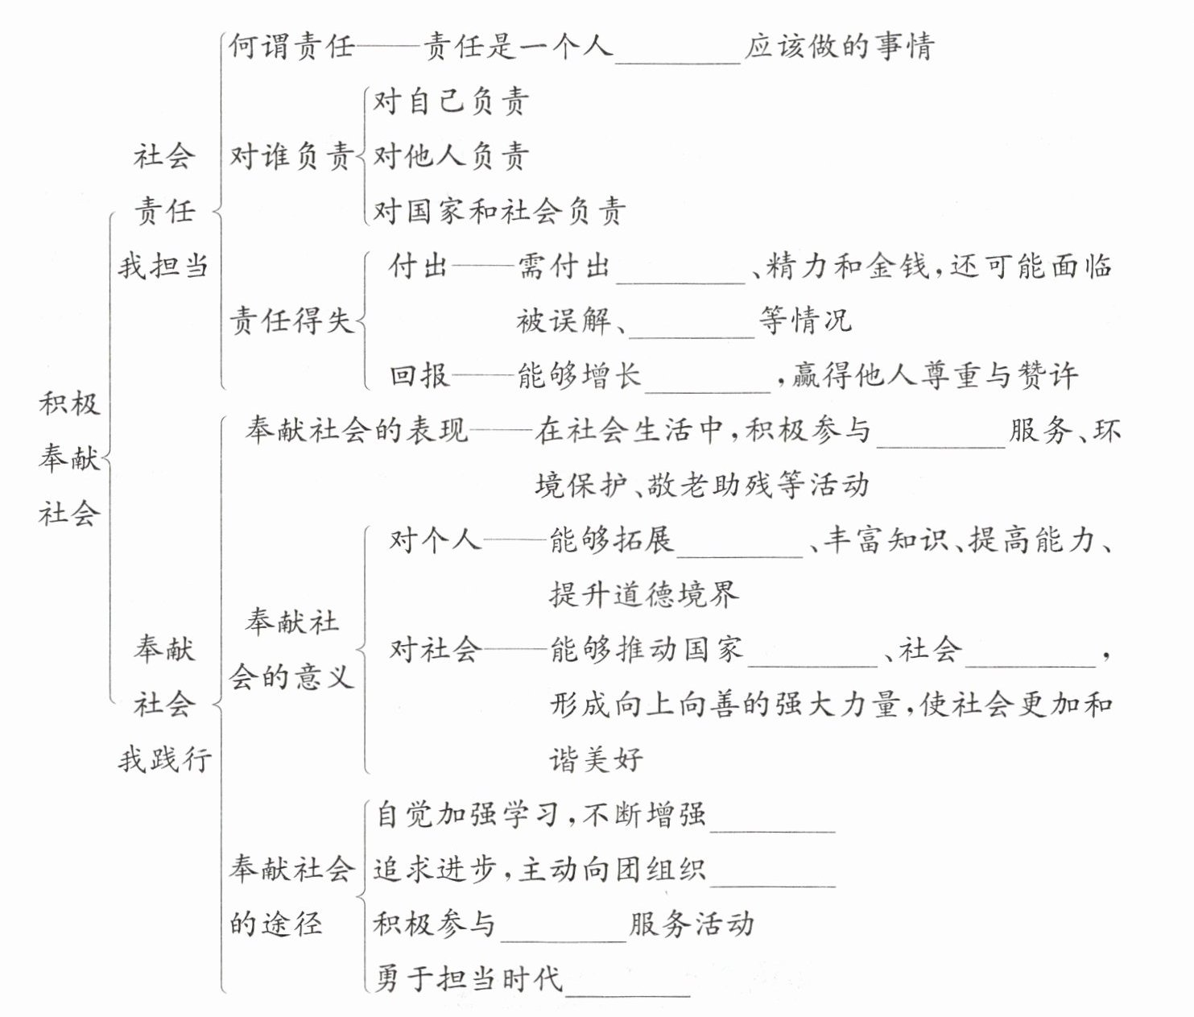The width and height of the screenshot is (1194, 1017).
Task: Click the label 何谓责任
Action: [x=291, y=47]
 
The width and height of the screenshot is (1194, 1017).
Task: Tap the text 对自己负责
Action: [x=451, y=101]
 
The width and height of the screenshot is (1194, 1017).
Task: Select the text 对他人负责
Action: [x=451, y=156]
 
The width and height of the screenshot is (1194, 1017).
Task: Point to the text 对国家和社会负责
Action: [x=499, y=211]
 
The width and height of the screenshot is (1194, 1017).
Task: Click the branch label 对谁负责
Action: [x=291, y=156]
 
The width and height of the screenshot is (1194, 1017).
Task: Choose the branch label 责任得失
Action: [x=291, y=320]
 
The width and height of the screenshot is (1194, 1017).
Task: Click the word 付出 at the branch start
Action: [x=419, y=266]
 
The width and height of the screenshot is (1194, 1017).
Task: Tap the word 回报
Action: [x=419, y=375]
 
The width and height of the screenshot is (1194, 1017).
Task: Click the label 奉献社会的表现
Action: [x=357, y=431]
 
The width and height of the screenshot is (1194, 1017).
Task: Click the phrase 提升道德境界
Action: [x=644, y=594]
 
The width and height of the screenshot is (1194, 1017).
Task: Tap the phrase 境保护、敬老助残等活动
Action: [x=702, y=485]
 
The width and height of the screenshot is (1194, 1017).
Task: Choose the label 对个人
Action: [x=435, y=540]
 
